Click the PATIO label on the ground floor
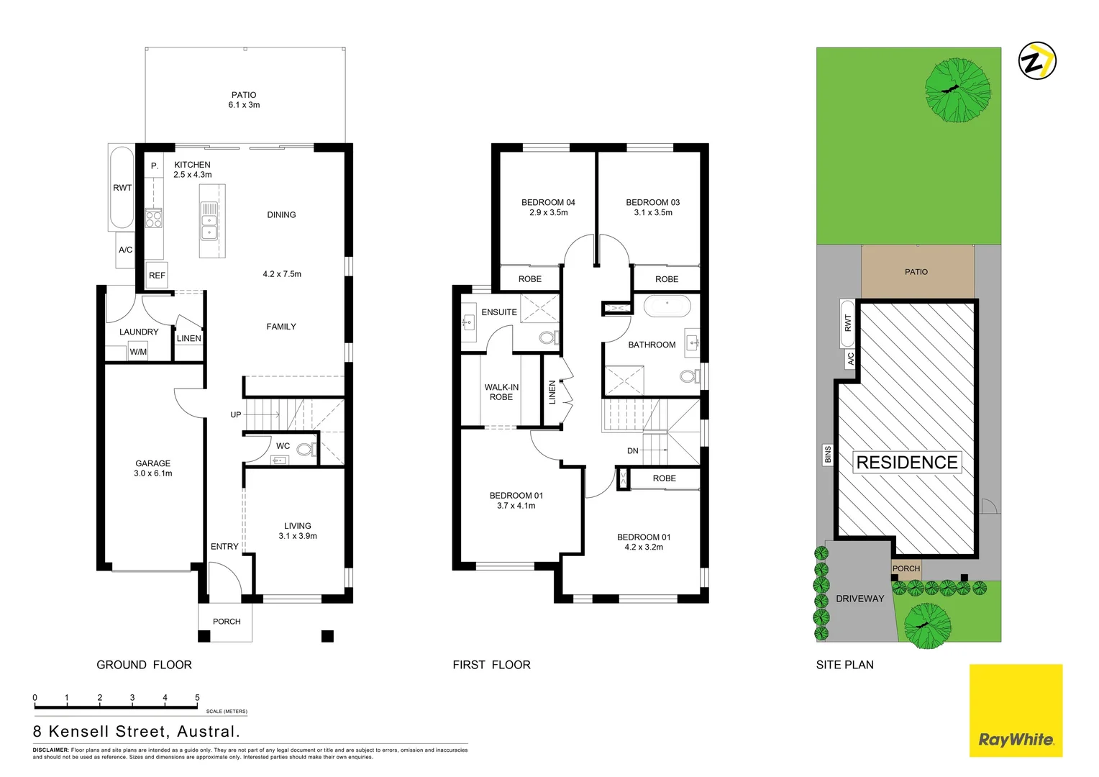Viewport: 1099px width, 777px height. coord(244,100)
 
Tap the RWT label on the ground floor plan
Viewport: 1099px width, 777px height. coord(122,188)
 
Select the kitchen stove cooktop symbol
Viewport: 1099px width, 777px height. coord(154,218)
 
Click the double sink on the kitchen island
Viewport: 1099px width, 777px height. coord(209,221)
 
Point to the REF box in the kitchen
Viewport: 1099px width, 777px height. coord(157,276)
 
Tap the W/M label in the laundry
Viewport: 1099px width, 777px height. coord(138,352)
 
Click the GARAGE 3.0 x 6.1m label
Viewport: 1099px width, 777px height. coord(153,468)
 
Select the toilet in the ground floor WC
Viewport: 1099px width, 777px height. coord(305,450)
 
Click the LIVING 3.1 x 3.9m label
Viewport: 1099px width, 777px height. coord(298,531)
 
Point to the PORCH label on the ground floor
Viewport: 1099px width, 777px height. coord(227,622)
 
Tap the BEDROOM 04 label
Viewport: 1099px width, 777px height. coord(548,207)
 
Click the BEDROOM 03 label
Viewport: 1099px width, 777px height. coord(652,207)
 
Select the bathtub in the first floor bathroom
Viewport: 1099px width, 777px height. coord(667,306)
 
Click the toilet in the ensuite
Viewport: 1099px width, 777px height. coord(547,337)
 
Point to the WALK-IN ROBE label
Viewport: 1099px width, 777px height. coord(501,392)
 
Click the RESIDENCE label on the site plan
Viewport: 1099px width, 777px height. coord(907,463)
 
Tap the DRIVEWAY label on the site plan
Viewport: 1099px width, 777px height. coord(859,599)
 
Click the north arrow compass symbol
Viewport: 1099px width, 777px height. coord(1037,60)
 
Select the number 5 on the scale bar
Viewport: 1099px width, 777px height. coord(197,698)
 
